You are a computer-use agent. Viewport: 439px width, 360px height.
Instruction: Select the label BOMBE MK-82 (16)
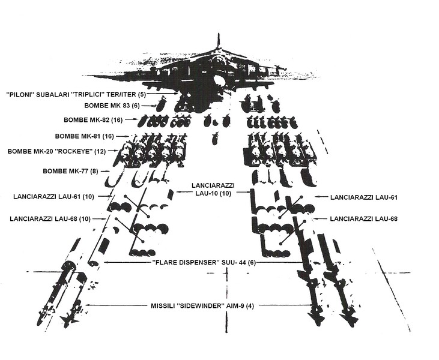pos(95,120)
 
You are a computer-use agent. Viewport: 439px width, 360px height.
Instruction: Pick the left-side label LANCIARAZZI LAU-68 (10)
pos(50,219)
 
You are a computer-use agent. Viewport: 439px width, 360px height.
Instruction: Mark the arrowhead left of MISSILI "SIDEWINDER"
pos(86,306)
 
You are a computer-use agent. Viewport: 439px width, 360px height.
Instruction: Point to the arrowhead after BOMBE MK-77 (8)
pos(109,172)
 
